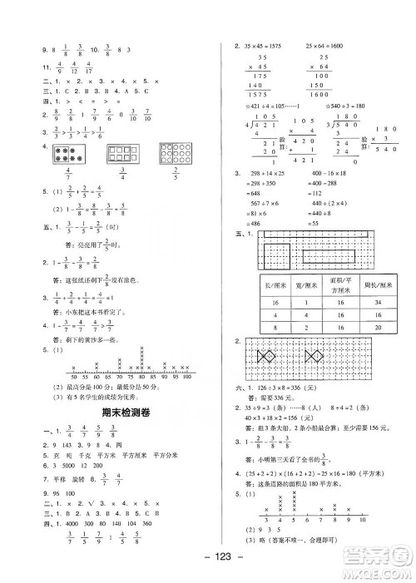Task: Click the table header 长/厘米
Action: pyautogui.click(x=268, y=288)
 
